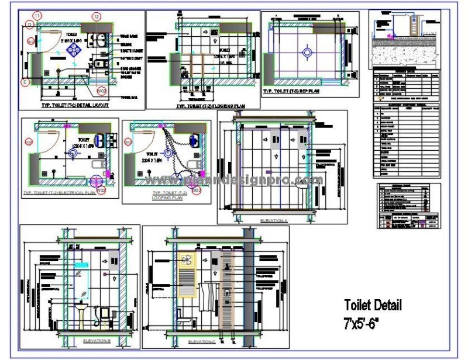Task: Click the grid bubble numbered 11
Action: coord(37,15)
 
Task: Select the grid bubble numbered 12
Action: coord(97,16)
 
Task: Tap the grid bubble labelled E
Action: coord(25,82)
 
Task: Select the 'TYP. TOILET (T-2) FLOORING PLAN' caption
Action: coord(210,106)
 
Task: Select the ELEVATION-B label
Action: coord(97,340)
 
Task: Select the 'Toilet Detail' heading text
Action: coord(373,305)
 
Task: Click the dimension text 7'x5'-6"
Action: coord(366,322)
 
